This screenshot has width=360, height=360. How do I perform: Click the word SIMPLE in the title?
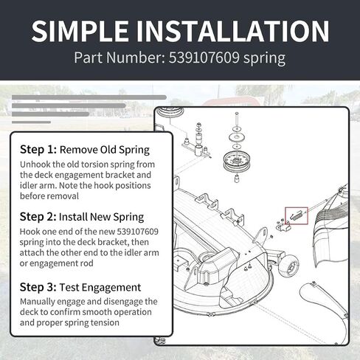(80, 31)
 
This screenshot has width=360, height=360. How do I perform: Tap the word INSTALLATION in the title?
(232, 31)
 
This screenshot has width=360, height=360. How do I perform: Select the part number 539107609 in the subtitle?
(204, 58)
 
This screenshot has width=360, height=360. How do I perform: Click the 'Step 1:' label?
(38, 150)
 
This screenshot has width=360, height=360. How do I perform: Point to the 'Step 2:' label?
(38, 217)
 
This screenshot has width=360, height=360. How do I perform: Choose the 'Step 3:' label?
(38, 287)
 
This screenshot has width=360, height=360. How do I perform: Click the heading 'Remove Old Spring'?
(105, 150)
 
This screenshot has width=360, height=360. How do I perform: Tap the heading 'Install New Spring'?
(101, 217)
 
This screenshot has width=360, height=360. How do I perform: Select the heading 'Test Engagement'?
(100, 288)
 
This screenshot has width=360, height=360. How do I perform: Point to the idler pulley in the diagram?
(235, 162)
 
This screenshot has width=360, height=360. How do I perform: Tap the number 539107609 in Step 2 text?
(137, 232)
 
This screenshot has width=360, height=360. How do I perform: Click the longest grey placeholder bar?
(89, 97)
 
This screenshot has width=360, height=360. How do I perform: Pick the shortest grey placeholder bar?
(31, 122)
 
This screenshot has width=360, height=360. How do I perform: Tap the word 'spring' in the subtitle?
(264, 58)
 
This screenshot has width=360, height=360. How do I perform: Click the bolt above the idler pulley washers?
(237, 120)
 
